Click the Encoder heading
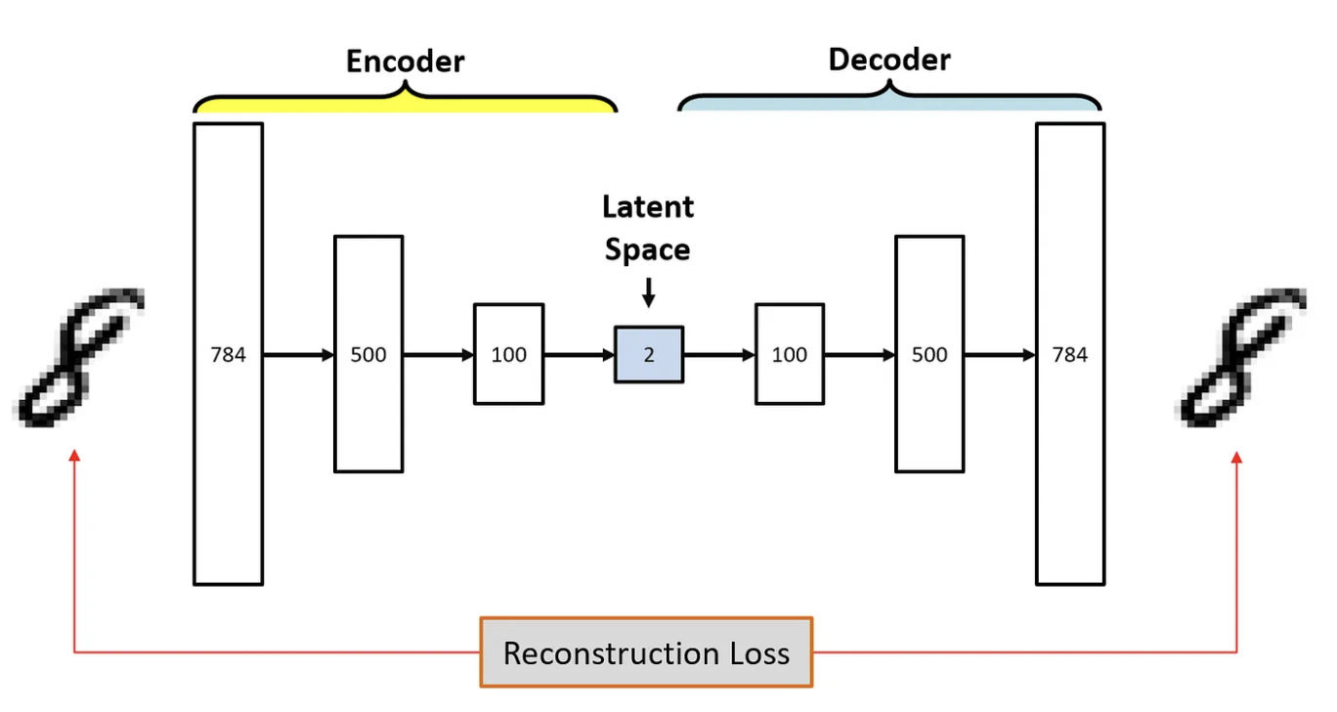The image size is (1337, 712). pos(406,61)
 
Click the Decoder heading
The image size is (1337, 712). pos(889,60)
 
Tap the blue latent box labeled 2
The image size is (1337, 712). pos(649,354)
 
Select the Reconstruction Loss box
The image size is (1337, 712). pos(646,652)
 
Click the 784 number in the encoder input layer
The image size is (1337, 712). pos(228,355)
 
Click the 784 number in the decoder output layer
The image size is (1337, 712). pos(1069,355)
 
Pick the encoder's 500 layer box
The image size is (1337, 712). pos(368,354)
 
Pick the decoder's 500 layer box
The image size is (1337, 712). pos(929,354)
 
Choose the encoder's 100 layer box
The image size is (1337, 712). pos(508,354)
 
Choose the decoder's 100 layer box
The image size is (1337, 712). pos(790,354)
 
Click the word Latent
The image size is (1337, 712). pos(648,207)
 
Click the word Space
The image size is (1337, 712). pos(648,249)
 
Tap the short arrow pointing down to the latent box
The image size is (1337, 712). pos(649,292)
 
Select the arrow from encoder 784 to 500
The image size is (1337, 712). pos(298,355)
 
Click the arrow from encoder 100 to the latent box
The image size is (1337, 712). pos(579,355)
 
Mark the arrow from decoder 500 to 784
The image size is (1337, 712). pos(1000,355)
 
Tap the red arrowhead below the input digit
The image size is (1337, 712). pos(74,455)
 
